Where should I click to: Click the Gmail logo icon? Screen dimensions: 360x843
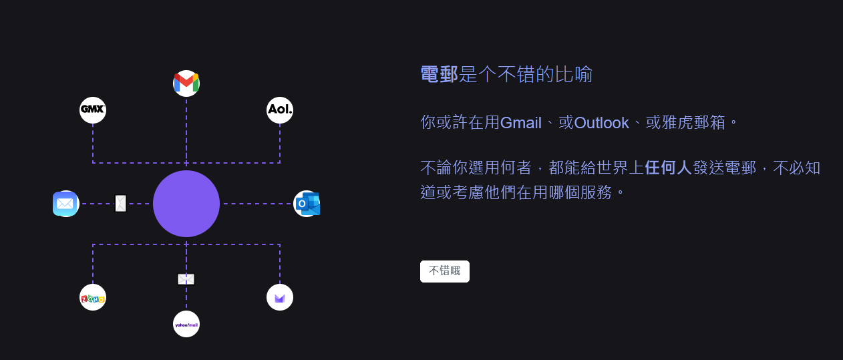(x=186, y=83)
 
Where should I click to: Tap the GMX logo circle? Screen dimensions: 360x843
(x=93, y=110)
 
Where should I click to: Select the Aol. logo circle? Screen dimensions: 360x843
(x=280, y=110)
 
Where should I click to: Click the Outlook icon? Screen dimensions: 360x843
(x=307, y=204)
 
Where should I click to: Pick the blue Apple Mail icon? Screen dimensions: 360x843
(x=65, y=204)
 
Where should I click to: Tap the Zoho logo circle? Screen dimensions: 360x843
(x=93, y=297)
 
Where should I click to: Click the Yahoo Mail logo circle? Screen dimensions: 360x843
(x=186, y=324)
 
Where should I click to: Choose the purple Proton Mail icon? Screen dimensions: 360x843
(x=280, y=297)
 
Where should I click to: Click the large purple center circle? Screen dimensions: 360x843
(x=186, y=204)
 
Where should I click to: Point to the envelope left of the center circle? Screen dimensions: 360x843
(x=120, y=203)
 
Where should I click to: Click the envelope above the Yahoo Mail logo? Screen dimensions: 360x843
(x=186, y=279)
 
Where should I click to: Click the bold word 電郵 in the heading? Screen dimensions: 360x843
(x=439, y=74)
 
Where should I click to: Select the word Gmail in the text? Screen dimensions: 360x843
(x=520, y=123)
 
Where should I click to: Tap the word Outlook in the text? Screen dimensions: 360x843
(x=601, y=123)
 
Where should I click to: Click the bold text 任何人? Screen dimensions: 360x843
(x=668, y=168)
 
